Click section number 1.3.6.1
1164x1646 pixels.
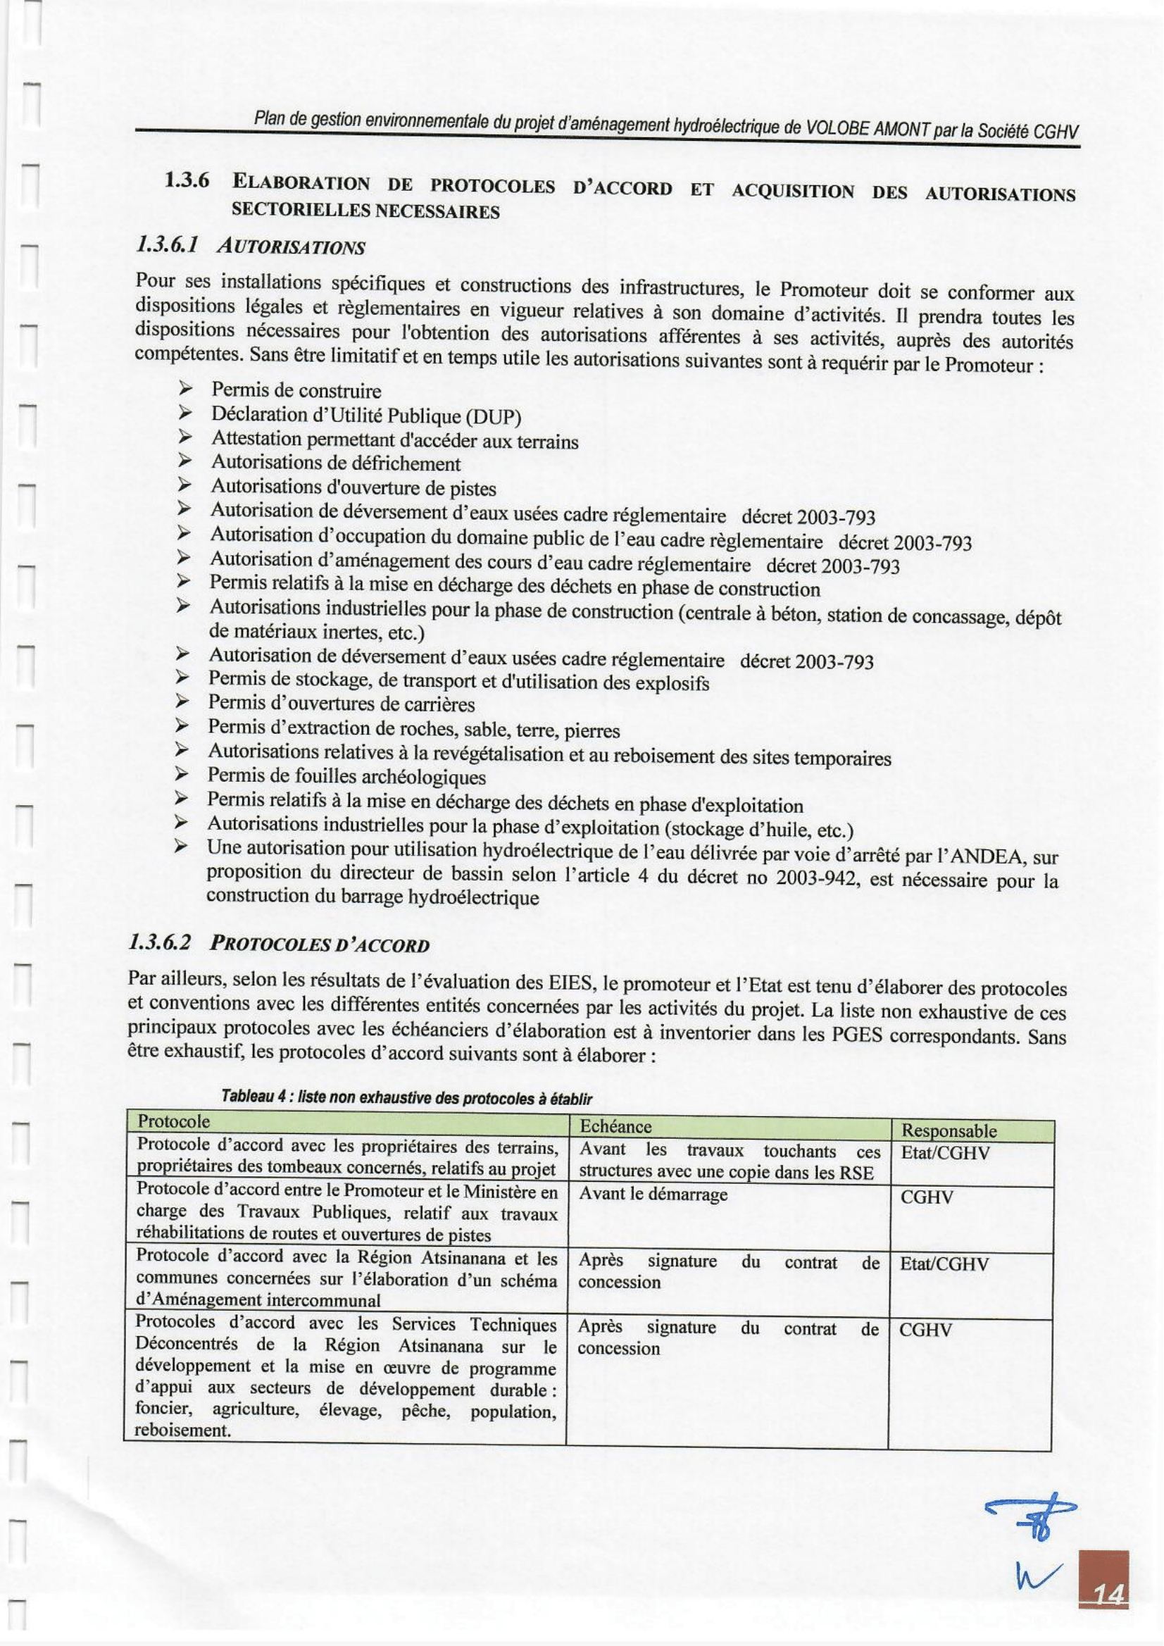click(x=162, y=246)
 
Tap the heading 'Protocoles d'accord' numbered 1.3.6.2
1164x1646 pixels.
click(x=320, y=945)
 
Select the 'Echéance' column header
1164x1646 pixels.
click(x=615, y=1126)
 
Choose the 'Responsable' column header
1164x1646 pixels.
click(x=949, y=1130)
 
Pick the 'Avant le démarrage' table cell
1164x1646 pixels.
click(x=653, y=1195)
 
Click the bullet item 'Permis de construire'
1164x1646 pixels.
click(x=296, y=391)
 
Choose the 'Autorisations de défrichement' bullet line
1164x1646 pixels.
click(x=335, y=464)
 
